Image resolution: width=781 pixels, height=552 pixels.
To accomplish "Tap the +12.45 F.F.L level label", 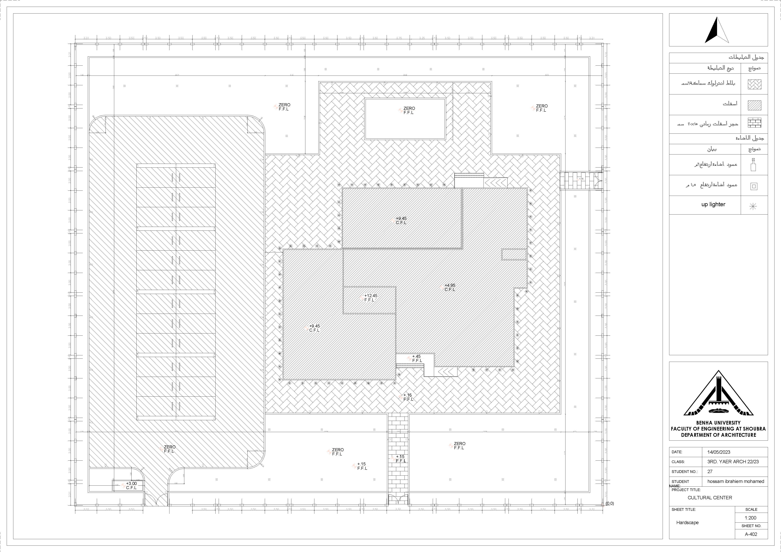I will (x=370, y=298).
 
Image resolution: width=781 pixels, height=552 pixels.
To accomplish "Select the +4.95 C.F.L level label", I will (x=450, y=288).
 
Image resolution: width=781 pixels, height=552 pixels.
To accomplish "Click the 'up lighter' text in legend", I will (x=713, y=204).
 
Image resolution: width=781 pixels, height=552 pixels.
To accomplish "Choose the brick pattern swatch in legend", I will (x=754, y=123).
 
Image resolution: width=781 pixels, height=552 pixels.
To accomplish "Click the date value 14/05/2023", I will (x=719, y=452).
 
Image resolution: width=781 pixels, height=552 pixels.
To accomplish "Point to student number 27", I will (x=710, y=471).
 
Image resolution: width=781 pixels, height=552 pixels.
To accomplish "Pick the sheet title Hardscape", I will (x=687, y=522).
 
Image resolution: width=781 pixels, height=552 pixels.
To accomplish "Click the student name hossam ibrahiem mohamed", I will (x=735, y=481).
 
